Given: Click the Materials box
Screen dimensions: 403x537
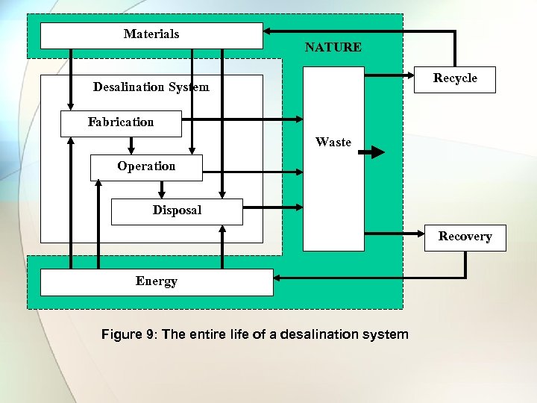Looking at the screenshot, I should pyautogui.click(x=151, y=35).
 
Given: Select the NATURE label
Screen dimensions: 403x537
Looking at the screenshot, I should pyautogui.click(x=333, y=48).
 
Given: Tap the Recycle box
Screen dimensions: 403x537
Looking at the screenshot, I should pyautogui.click(x=455, y=79).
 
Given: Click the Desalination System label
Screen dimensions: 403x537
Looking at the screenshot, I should pyautogui.click(x=151, y=87).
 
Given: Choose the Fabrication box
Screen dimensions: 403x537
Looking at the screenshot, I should pyautogui.click(x=121, y=123).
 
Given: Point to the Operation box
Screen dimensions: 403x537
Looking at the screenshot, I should pyautogui.click(x=146, y=167).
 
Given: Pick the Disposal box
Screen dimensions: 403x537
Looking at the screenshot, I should pyautogui.click(x=177, y=211).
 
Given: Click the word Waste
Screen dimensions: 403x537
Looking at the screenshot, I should pyautogui.click(x=333, y=143).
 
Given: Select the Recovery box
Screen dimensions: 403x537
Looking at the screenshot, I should pyautogui.click(x=465, y=237).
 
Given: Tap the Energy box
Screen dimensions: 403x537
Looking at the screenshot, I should pyautogui.click(x=157, y=282).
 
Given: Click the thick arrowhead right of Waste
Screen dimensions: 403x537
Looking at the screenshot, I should pyautogui.click(x=377, y=152).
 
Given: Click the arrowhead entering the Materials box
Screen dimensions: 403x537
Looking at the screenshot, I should pyautogui.click(x=268, y=31).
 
